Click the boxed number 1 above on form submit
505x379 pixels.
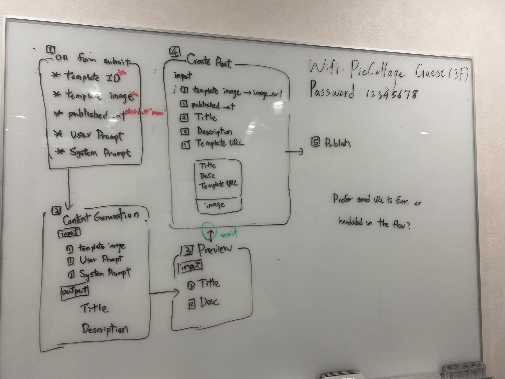coord(50,50)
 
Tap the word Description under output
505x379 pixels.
coord(105,329)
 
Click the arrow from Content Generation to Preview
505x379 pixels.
coord(164,293)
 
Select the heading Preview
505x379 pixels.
coord(215,249)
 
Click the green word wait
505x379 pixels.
coord(229,234)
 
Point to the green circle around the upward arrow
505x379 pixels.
coord(207,231)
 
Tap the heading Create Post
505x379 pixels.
coord(209,61)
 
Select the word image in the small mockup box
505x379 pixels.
coord(215,205)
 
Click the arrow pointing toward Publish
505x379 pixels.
coord(294,152)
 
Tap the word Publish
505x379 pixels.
coord(338,143)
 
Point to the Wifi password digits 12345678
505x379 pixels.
coord(392,94)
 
